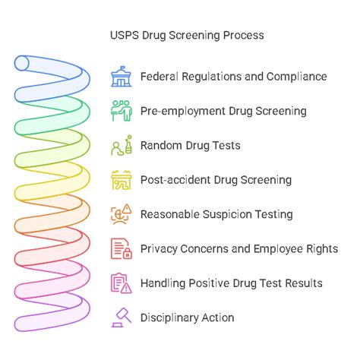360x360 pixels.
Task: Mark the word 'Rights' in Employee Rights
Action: tap(322, 248)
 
